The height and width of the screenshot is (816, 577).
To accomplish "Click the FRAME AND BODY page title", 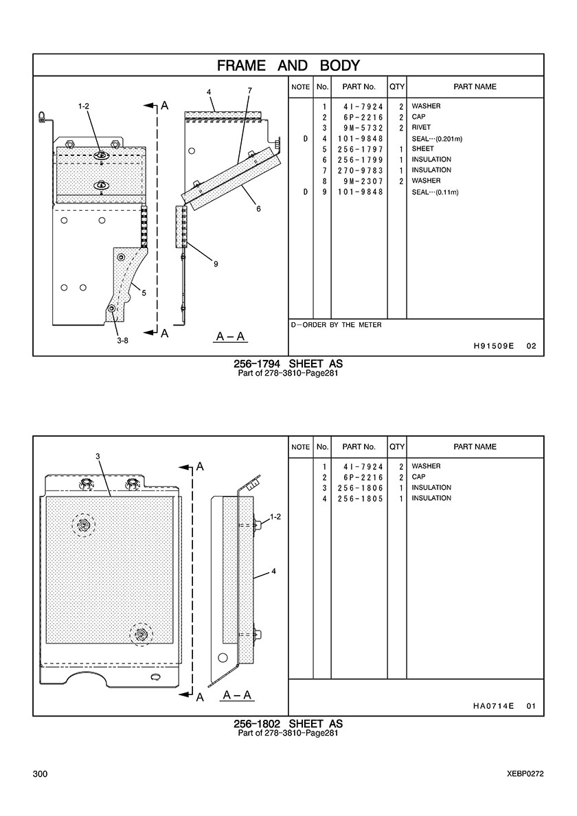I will [x=288, y=66].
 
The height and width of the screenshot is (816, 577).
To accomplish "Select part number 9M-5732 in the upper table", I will [x=360, y=128].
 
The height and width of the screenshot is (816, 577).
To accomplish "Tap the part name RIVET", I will [x=421, y=128].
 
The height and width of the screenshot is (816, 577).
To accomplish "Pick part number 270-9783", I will [x=360, y=170].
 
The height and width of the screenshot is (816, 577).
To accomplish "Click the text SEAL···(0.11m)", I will [x=435, y=192].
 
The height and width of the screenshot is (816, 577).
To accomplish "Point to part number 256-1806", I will [x=360, y=488].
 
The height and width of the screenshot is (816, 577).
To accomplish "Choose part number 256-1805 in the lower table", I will [x=360, y=499].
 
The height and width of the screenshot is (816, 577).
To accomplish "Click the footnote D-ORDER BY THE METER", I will [x=336, y=325].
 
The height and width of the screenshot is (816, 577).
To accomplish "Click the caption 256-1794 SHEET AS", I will [x=288, y=364].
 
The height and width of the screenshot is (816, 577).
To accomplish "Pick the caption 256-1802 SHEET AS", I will [x=288, y=724].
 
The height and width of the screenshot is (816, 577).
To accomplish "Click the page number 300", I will [x=40, y=774].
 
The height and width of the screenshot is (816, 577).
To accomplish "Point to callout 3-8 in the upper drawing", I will [x=122, y=339].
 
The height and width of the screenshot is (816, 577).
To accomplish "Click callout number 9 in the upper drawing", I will [x=216, y=264].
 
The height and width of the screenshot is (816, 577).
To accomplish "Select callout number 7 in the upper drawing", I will [x=249, y=91].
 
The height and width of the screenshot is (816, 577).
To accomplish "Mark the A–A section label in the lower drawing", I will [x=238, y=696].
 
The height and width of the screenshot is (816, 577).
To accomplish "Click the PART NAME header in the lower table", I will [x=475, y=447].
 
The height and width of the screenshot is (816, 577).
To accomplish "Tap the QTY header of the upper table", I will [x=397, y=87].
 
